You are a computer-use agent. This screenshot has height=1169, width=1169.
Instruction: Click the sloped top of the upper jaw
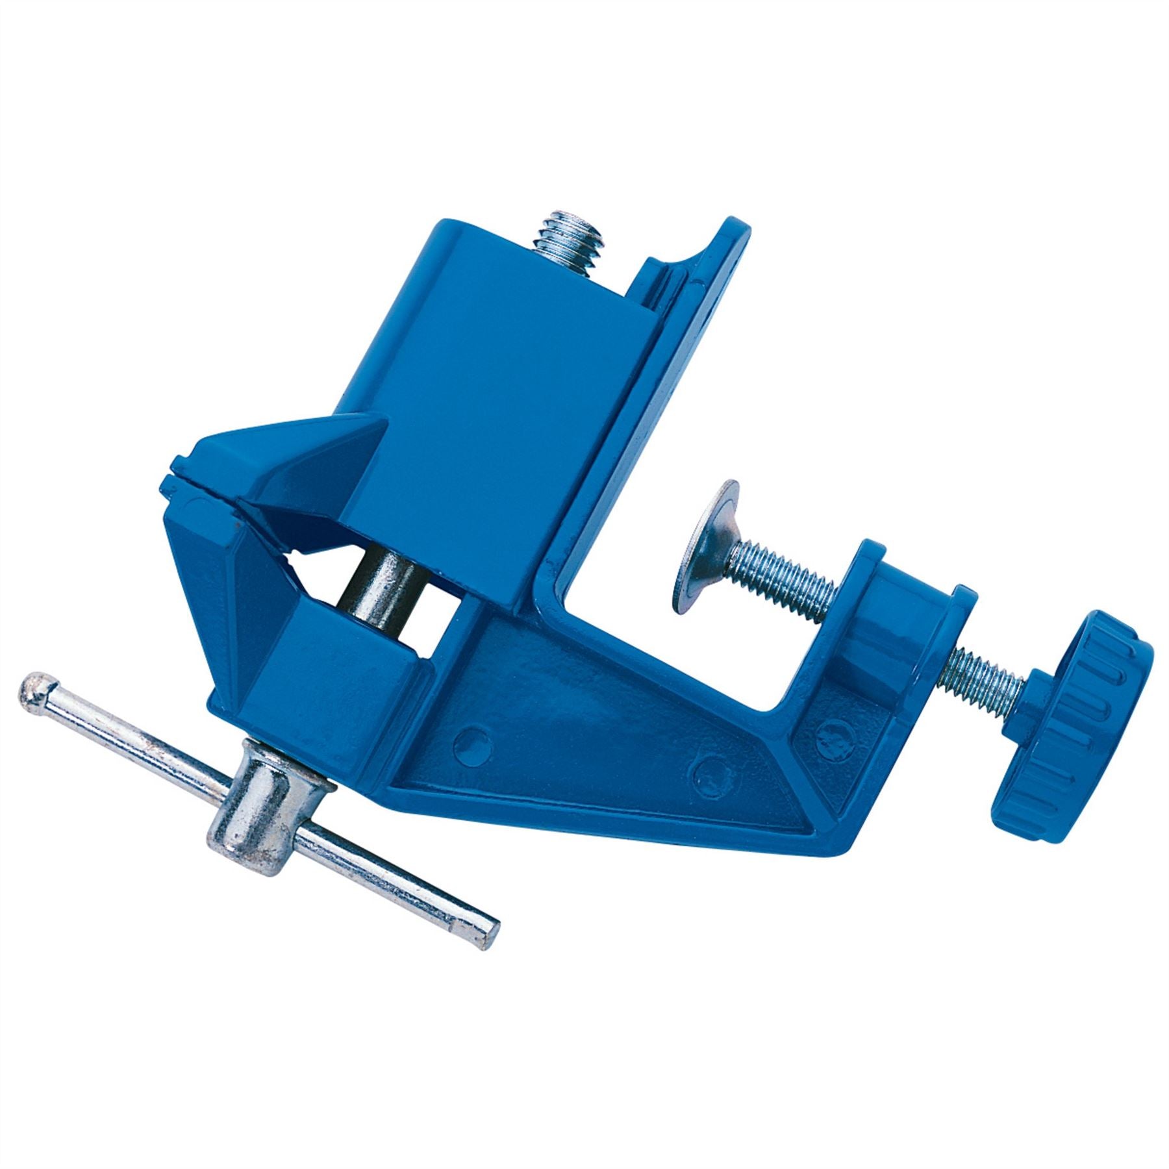[x=292, y=448]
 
